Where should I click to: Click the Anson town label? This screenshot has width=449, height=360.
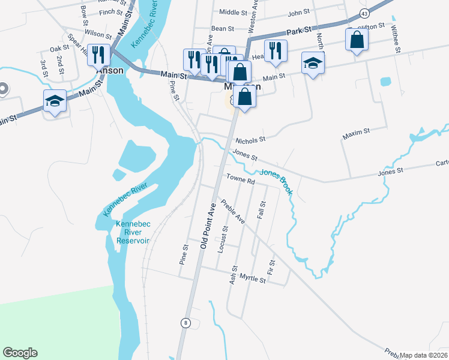pos(110,70)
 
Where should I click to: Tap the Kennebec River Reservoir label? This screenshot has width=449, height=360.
pos(133,232)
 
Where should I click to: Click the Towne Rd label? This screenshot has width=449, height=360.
pos(241,179)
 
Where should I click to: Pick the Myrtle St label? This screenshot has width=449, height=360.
pos(252,279)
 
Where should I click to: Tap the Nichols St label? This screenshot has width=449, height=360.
pos(250,139)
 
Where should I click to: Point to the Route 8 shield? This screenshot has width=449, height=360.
pos(186,323)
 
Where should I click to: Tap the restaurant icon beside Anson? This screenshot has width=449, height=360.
pos(97,55)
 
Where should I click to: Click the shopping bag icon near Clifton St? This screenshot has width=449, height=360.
pos(357,40)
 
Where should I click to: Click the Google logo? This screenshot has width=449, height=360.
pos(20,353)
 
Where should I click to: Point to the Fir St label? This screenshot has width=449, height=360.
pos(272,268)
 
